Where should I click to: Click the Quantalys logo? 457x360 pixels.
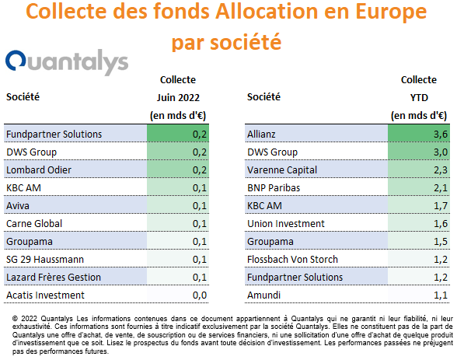coord(67,62)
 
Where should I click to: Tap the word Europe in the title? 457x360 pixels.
coord(391,12)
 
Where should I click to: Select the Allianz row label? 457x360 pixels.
coord(261,134)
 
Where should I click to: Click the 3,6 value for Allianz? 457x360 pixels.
coord(441,134)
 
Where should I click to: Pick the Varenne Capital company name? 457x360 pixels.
coord(282,170)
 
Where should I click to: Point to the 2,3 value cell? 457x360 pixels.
coord(441,170)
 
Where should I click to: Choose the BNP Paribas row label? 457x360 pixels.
coord(274,187)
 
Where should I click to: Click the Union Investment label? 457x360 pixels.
coord(286,224)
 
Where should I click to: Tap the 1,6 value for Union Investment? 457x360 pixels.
coord(441,224)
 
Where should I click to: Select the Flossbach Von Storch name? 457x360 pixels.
coord(292,260)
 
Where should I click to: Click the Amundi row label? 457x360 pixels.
coord(263,295)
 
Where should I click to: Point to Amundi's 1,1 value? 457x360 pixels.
coord(441,295)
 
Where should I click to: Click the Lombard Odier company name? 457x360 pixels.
coord(39,170)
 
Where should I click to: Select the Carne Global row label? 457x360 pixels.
coord(34,224)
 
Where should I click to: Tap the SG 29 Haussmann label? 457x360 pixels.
coord(45,260)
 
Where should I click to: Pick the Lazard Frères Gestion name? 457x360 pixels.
coord(54,278)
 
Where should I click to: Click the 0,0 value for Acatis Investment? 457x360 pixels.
coord(200,295)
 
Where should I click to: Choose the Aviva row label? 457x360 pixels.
coord(18,206)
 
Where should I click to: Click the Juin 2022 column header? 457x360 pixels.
coord(178,98)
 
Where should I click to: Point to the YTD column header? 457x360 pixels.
coord(419,98)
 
